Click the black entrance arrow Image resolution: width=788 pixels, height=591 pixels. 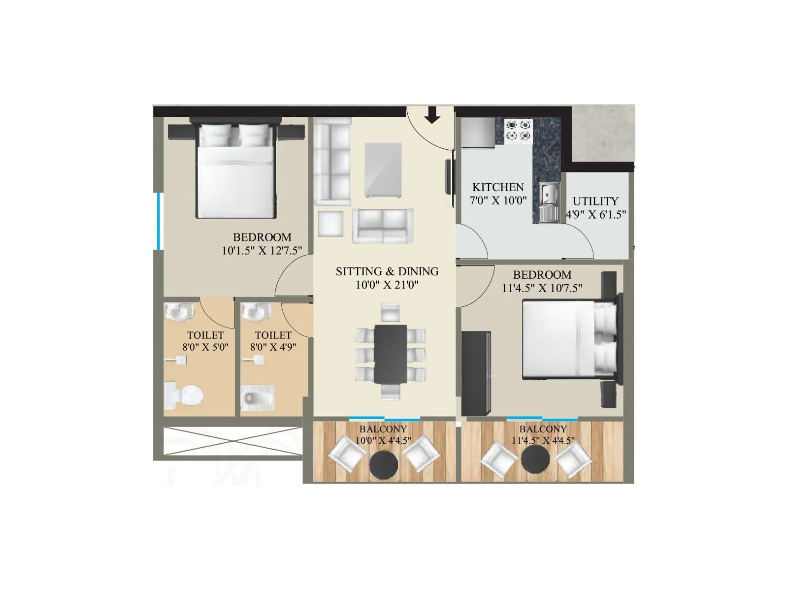[432, 115]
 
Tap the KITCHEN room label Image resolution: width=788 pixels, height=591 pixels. [498, 187]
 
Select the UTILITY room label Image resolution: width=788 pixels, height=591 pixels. [595, 201]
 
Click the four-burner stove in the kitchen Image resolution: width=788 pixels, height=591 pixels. [518, 131]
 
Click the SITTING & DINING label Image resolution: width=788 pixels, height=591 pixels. [387, 271]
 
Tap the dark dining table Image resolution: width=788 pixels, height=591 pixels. [390, 354]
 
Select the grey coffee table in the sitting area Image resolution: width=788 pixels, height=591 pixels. [383, 170]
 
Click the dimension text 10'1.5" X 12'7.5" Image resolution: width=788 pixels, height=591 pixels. [262, 250]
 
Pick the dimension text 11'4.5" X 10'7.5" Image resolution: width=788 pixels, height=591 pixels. [542, 288]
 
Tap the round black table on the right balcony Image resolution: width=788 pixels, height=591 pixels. [535, 460]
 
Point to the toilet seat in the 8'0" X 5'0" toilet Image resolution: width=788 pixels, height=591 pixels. [184, 394]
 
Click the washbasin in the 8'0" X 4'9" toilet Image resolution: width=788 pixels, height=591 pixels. [256, 312]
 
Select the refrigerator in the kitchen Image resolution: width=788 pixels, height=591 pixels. [478, 132]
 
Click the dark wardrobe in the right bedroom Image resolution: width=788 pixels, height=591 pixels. [476, 373]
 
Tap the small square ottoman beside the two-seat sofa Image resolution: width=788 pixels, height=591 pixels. [330, 224]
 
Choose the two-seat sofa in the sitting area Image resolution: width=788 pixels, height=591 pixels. [383, 226]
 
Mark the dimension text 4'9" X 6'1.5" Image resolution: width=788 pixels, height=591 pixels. [596, 214]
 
